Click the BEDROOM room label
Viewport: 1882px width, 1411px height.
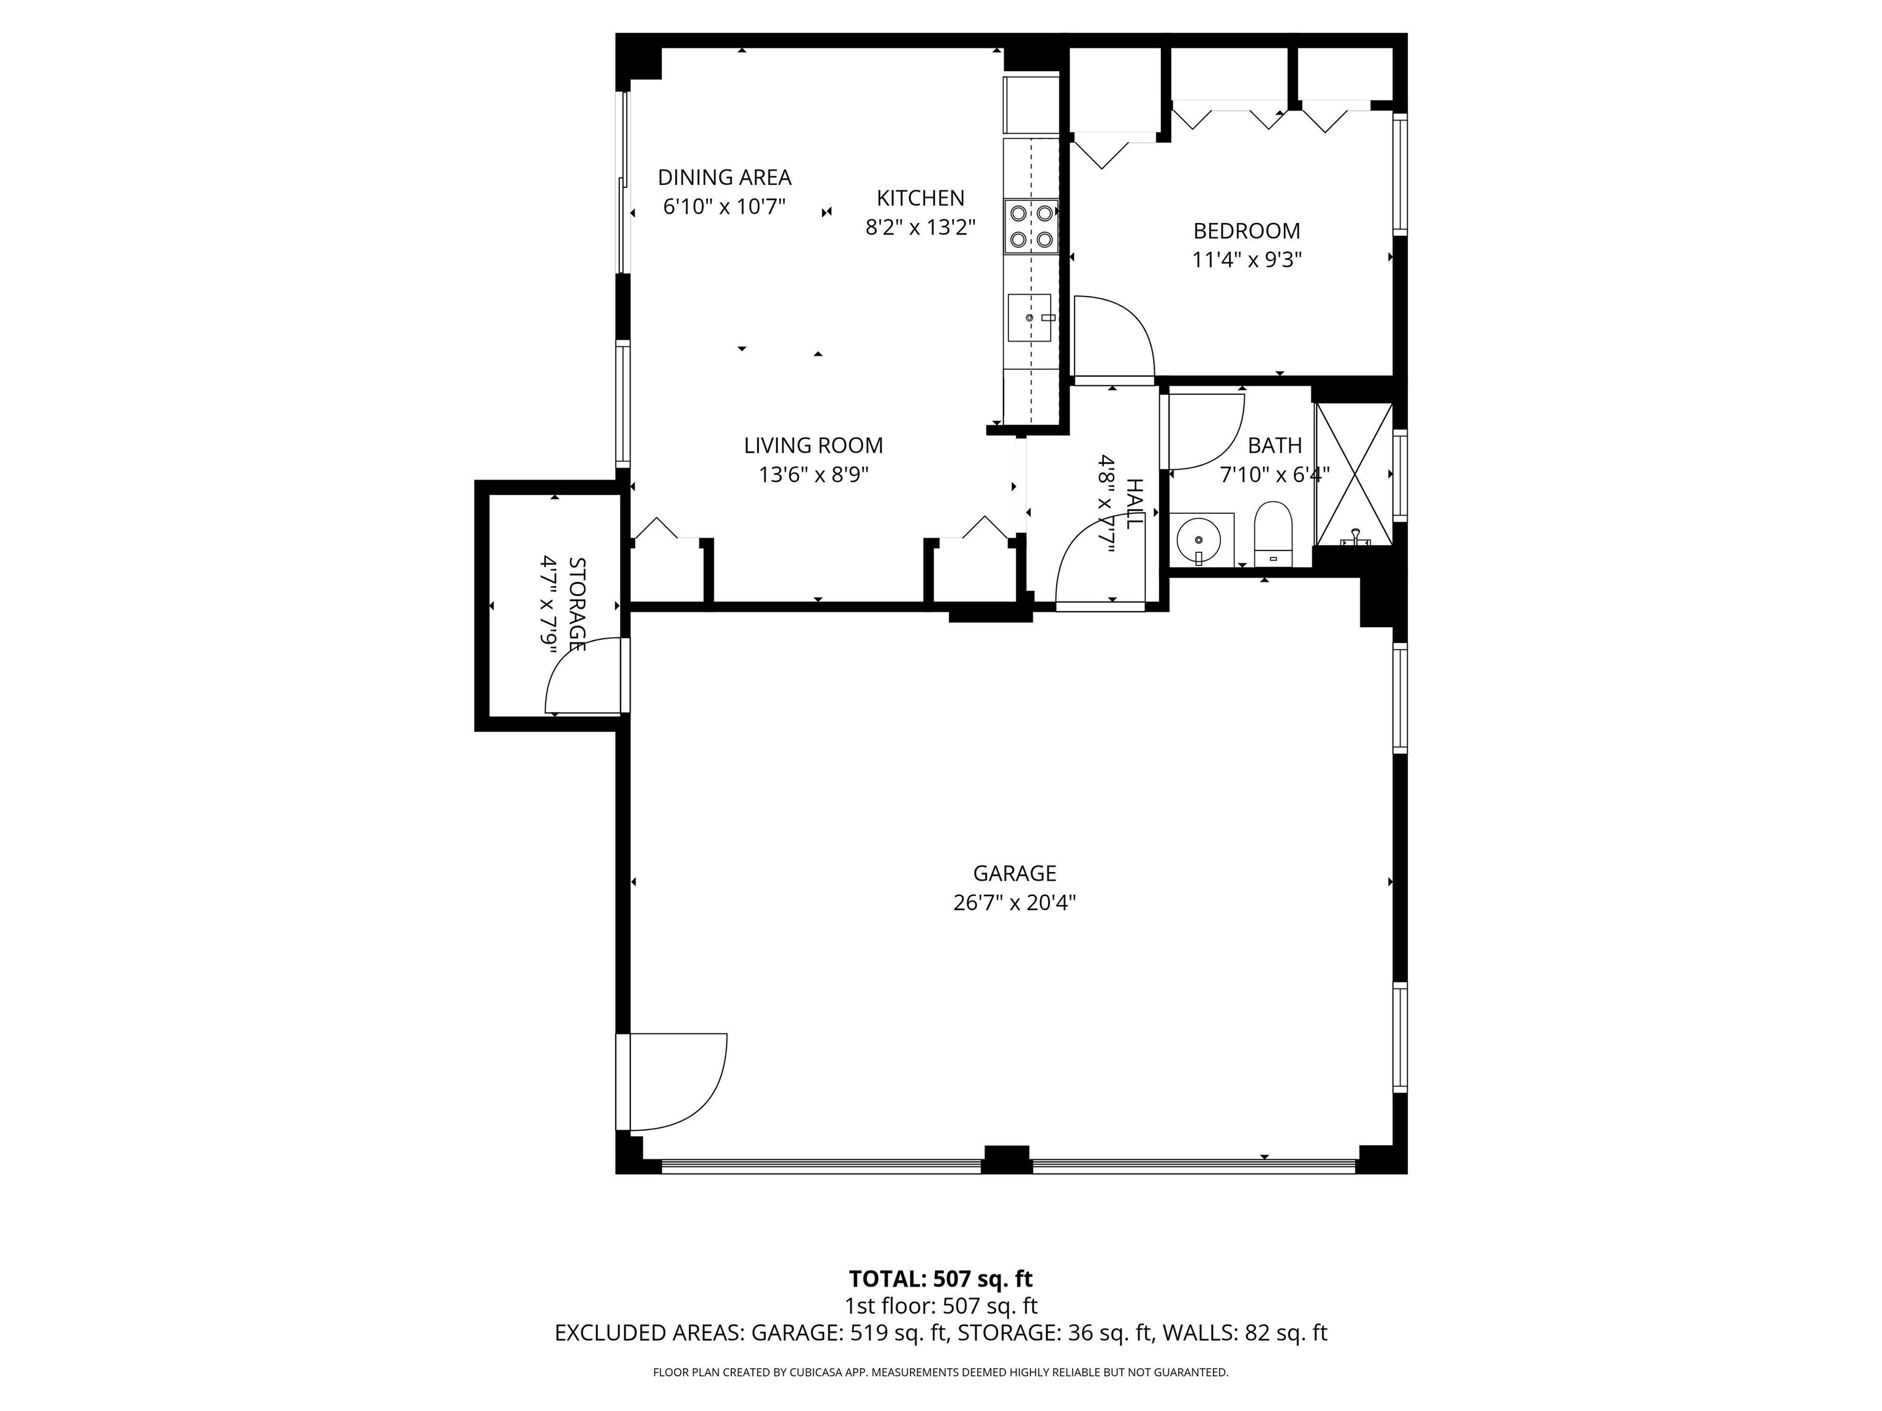1247,230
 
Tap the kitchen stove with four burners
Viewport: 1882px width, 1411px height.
1030,226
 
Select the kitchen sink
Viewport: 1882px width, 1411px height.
1029,317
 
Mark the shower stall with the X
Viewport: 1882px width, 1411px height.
1355,474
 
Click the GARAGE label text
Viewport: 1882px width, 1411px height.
1014,873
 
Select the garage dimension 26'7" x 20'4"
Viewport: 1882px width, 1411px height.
1014,903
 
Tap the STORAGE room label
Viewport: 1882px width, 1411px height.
578,604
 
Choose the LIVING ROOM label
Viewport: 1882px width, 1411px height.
814,445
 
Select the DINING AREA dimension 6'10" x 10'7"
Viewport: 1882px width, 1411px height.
724,206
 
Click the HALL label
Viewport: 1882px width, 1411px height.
1134,503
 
